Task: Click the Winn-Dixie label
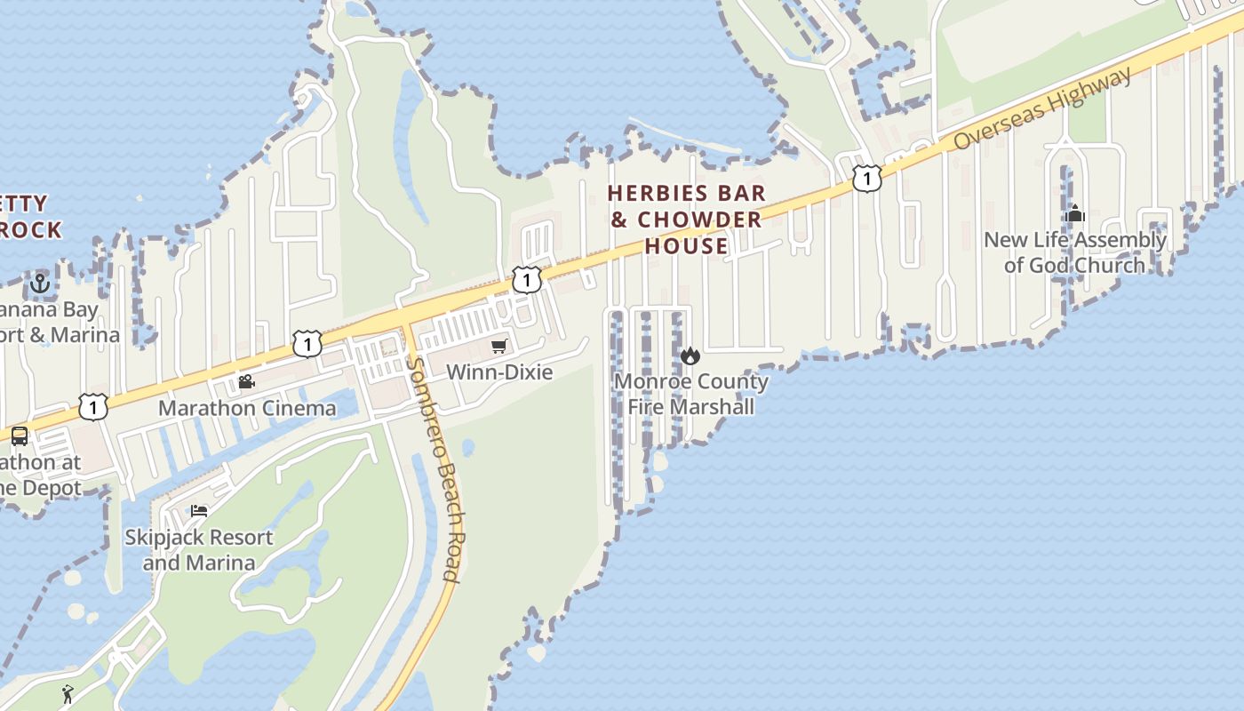point(499,371)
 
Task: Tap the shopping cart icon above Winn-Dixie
point(498,347)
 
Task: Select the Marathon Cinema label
point(247,408)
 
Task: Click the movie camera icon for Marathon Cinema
point(246,382)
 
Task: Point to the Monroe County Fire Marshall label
point(691,394)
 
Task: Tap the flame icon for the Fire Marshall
point(690,356)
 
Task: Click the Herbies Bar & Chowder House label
point(686,220)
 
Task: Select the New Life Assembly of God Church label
point(1075,252)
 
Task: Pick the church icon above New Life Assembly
point(1075,213)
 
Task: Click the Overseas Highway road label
point(1043,110)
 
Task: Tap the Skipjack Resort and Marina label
point(199,550)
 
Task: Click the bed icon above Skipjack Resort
point(199,511)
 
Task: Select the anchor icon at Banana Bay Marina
point(39,284)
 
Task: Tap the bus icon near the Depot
point(19,436)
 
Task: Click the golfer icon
point(68,693)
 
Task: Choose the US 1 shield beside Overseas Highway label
point(866,178)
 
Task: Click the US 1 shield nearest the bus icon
point(92,407)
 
